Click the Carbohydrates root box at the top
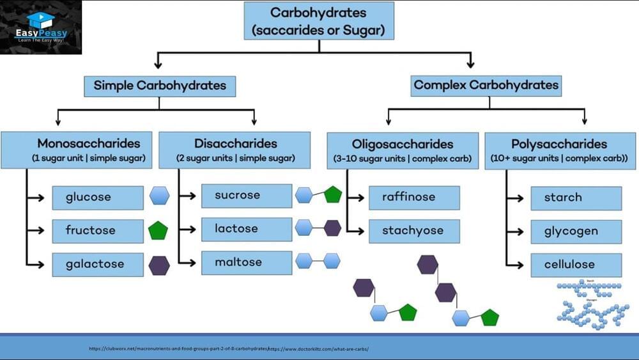click(x=318, y=20)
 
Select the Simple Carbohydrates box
click(x=160, y=86)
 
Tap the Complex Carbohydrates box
click(x=486, y=85)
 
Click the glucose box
click(x=98, y=198)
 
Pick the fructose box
click(x=98, y=231)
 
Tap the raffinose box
click(x=414, y=198)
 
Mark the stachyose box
click(x=414, y=231)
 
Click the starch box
click(x=576, y=198)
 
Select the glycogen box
click(x=576, y=231)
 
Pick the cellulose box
click(x=576, y=265)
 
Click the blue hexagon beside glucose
click(x=159, y=196)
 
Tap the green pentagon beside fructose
click(x=158, y=230)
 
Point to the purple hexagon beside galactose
click(x=159, y=265)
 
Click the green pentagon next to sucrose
click(x=333, y=194)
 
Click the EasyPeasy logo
click(x=42, y=27)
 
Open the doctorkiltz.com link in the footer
click(x=319, y=349)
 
